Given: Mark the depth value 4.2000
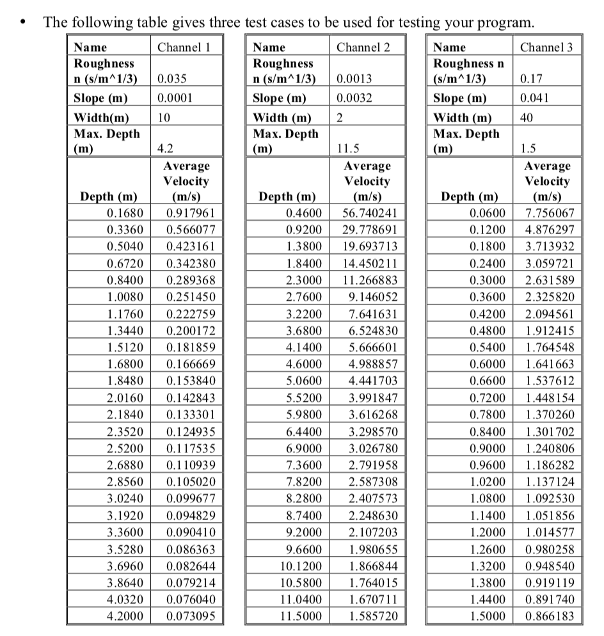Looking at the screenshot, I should [126, 617].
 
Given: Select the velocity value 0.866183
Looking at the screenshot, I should [549, 617].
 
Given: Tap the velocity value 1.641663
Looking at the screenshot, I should [549, 365].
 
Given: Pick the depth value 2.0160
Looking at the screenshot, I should [126, 398].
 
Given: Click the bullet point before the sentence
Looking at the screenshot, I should [24, 24].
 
